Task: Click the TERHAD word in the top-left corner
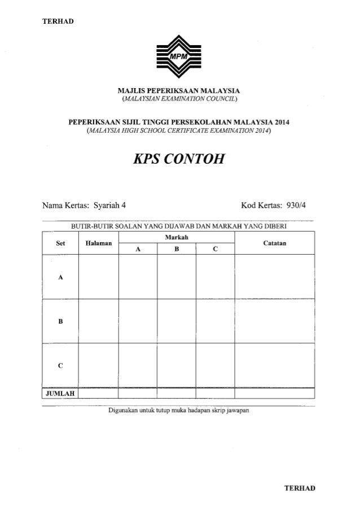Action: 58,22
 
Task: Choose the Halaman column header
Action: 98,243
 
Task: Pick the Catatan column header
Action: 274,243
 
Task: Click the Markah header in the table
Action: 177,237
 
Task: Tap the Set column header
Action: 60,243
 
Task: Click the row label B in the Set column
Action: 60,321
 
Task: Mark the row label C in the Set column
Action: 60,365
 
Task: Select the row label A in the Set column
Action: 60,277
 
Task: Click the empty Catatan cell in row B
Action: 274,321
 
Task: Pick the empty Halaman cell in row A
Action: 98,277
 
